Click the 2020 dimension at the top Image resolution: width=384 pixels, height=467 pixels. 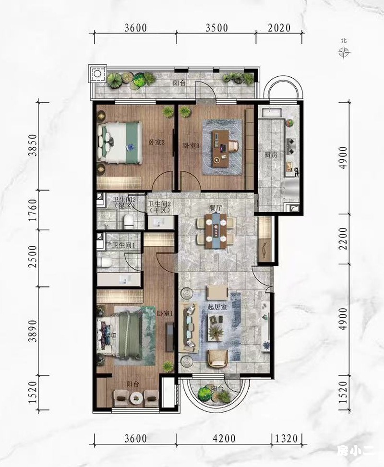pyautogui.click(x=279, y=28)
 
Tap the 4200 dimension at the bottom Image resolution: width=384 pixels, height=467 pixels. pyautogui.click(x=224, y=438)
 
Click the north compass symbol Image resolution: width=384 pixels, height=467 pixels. pyautogui.click(x=344, y=53)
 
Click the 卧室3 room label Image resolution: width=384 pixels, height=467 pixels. pyautogui.click(x=191, y=145)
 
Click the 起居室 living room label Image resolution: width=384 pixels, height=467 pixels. pyautogui.click(x=217, y=307)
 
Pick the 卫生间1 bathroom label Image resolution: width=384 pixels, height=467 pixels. pyautogui.click(x=124, y=245)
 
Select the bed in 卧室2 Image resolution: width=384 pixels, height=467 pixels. pyautogui.click(x=120, y=143)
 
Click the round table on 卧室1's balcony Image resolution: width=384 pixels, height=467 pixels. pyautogui.click(x=136, y=397)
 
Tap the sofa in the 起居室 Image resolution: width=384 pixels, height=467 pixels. pyautogui.click(x=189, y=326)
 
